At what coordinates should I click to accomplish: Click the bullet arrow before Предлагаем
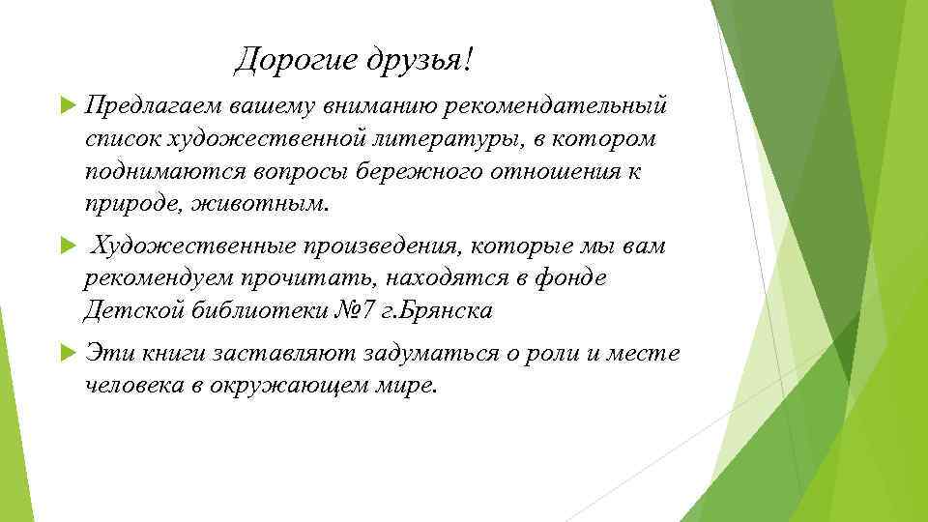(x=66, y=103)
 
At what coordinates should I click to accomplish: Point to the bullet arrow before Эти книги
(x=66, y=355)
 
